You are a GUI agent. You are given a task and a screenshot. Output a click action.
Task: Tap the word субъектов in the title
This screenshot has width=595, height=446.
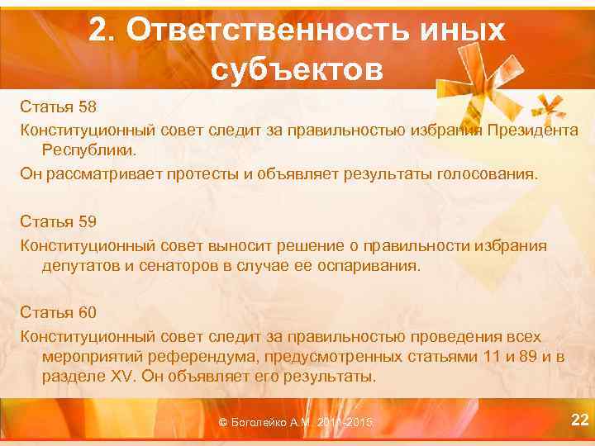point(297,70)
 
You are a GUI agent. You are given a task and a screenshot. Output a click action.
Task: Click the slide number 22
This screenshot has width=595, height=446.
point(579,421)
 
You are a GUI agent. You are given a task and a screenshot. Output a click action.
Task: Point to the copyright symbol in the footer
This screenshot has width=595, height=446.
point(223,423)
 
